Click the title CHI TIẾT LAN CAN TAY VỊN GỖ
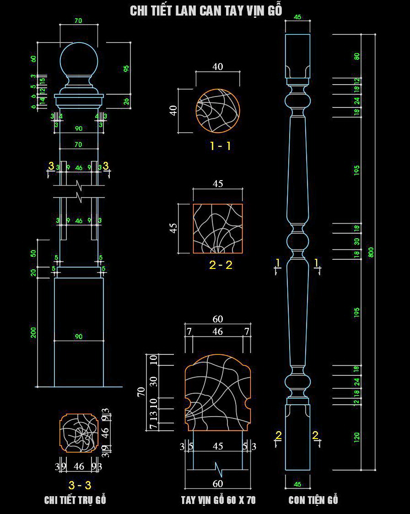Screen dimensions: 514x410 (206, 11)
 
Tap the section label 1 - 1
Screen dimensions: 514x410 (220, 146)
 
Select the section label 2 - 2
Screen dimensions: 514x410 (221, 265)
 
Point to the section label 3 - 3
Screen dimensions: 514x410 (80, 485)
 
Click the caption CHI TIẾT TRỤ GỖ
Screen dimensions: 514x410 (75, 500)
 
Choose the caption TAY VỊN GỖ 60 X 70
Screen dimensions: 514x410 (218, 500)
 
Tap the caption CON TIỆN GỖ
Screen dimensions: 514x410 (313, 500)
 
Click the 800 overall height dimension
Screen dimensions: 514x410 (371, 252)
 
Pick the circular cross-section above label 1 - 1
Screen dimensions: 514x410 (218, 110)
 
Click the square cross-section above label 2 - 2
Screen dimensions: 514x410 (218, 229)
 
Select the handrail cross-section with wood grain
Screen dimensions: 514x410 (218, 393)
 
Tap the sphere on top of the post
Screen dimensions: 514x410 (79, 59)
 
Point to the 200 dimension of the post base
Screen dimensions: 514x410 (33, 332)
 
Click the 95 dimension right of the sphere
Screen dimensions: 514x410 (127, 68)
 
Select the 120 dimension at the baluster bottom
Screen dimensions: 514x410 (357, 437)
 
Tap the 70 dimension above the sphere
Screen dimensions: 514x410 (78, 21)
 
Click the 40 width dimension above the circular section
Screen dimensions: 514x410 (218, 67)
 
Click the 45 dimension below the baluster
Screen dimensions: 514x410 (297, 484)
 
